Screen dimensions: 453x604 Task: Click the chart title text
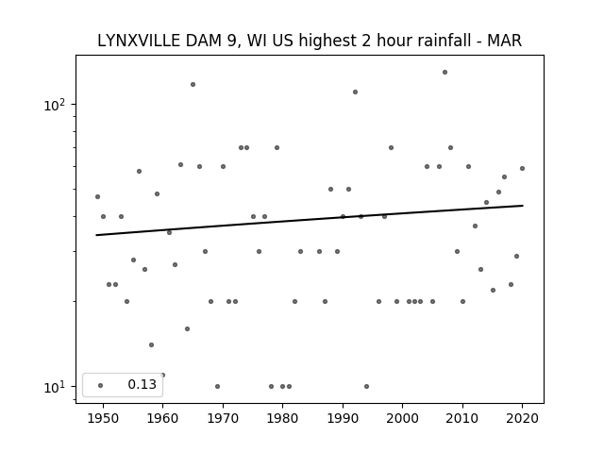click(x=310, y=41)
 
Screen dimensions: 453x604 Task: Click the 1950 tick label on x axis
click(x=103, y=418)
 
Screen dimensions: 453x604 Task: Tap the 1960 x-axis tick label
click(x=162, y=418)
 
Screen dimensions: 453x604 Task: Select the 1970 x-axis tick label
click(x=223, y=418)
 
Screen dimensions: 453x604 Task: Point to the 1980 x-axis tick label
click(x=282, y=418)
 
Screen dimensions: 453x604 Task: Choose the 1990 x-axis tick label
click(x=343, y=418)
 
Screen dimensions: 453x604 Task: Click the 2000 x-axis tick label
click(x=402, y=418)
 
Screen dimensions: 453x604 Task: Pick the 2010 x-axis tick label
click(x=462, y=418)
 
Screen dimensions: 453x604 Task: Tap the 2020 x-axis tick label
click(x=522, y=418)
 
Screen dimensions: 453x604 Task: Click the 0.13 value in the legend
click(x=142, y=385)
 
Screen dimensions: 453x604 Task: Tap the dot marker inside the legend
click(x=100, y=385)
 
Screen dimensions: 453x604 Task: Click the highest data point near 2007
click(x=445, y=72)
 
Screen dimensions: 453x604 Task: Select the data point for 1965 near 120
click(x=193, y=84)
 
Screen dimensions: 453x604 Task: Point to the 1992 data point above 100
click(x=355, y=92)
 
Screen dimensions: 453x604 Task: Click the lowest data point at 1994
click(x=366, y=386)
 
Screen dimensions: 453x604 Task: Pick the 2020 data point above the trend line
click(x=522, y=168)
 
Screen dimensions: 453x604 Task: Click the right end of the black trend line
click(x=522, y=206)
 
